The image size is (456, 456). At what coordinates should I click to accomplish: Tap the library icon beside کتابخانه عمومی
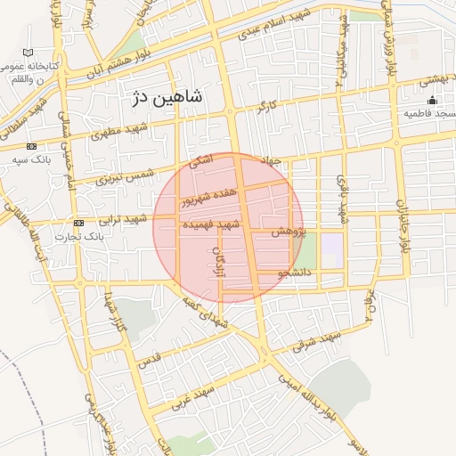coord(30,53)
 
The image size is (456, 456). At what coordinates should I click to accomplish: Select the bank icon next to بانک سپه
coord(32,146)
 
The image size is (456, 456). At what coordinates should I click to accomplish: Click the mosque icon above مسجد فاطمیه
coord(432,100)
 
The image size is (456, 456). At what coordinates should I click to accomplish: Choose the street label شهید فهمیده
coord(210,226)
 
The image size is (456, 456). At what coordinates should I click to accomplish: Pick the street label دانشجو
coord(294,273)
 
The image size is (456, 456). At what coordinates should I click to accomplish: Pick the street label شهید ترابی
coord(123,220)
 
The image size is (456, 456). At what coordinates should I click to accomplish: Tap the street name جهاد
coord(270,160)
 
